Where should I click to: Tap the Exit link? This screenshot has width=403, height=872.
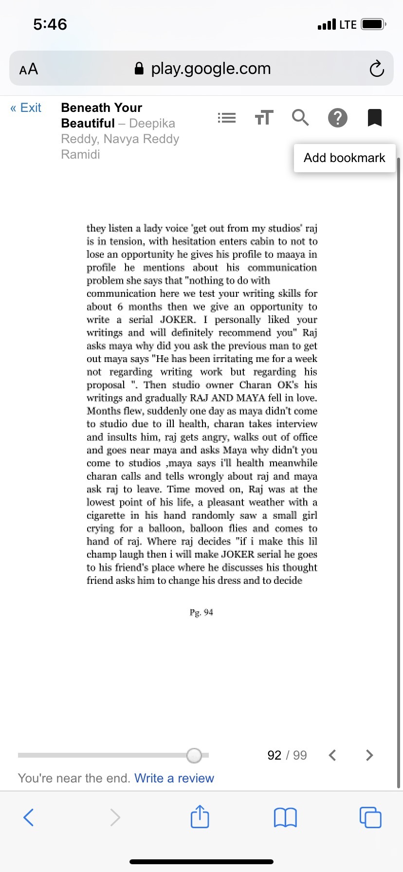click(26, 108)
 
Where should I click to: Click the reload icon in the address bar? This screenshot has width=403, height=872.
click(376, 69)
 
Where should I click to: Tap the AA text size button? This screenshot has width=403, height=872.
click(29, 69)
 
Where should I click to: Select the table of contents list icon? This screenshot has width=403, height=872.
click(226, 118)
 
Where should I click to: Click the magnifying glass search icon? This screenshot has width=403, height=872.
click(300, 118)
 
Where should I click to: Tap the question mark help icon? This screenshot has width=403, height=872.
click(337, 118)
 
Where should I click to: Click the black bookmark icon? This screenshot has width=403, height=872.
click(374, 118)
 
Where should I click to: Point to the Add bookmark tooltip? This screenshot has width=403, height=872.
click(344, 158)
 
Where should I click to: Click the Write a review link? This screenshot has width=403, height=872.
click(174, 778)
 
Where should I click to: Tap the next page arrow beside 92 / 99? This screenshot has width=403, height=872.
click(369, 755)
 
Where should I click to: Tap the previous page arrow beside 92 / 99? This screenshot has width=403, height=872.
click(332, 755)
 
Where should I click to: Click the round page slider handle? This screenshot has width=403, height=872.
click(194, 755)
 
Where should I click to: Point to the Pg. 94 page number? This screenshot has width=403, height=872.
click(201, 612)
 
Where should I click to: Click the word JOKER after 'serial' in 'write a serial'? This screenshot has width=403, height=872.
click(177, 320)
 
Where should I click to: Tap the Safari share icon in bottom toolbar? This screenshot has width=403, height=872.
click(200, 817)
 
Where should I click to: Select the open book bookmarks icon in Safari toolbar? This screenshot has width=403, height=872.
click(285, 817)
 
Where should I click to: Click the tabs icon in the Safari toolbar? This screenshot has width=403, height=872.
click(370, 817)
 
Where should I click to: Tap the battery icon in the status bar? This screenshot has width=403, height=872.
click(373, 24)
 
